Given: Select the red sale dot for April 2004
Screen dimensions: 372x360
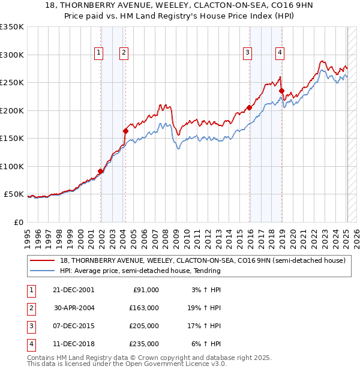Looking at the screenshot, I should coord(125,131).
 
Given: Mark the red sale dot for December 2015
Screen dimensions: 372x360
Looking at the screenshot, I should coord(249,108).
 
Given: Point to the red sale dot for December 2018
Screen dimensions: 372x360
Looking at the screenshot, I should coord(281,91).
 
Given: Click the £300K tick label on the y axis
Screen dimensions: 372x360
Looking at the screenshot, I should coord(12,55).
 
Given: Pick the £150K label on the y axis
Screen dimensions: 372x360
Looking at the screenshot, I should coord(12,138).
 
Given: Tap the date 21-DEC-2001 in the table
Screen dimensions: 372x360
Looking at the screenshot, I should coord(74,290).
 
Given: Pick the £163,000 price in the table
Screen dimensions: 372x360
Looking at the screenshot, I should coord(145,308).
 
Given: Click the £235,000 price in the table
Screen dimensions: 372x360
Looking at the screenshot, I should coord(145,344).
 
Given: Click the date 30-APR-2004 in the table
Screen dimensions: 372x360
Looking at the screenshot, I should coord(74,308).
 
